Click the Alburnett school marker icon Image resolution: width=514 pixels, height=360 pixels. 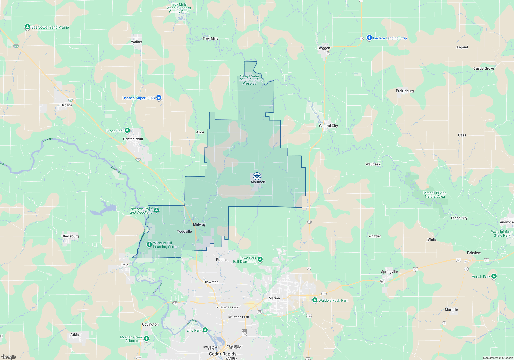coord(257,176)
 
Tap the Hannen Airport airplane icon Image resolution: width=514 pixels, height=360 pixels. coord(159,98)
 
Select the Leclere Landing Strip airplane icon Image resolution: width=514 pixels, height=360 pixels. coord(369,38)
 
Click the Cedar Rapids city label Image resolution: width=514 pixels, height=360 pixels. coord(223,354)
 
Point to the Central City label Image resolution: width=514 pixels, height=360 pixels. coord(328,126)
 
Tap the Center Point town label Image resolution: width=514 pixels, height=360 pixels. coord(133,139)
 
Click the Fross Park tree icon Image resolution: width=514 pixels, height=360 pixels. coord(127,131)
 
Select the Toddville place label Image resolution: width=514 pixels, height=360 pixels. coord(184,231)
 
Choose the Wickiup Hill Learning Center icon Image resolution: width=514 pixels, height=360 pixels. coord(149,244)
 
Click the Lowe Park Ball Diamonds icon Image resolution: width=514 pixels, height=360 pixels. coord(260,259)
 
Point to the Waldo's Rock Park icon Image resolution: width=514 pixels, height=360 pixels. coord(315,300)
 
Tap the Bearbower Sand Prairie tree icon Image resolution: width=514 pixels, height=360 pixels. coord(27,27)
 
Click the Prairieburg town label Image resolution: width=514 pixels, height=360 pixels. coord(405,91)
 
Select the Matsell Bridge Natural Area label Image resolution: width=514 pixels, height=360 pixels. coord(435,195)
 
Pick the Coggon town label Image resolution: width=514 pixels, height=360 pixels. coord(324,48)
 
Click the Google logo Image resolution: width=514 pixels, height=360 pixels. coord(9,357)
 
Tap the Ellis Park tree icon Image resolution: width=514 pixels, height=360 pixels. coord(205,330)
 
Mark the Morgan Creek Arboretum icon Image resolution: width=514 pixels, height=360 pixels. coord(146,338)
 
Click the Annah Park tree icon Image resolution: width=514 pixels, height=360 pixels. coord(494,276)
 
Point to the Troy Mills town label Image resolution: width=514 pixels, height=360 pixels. coord(210,38)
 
